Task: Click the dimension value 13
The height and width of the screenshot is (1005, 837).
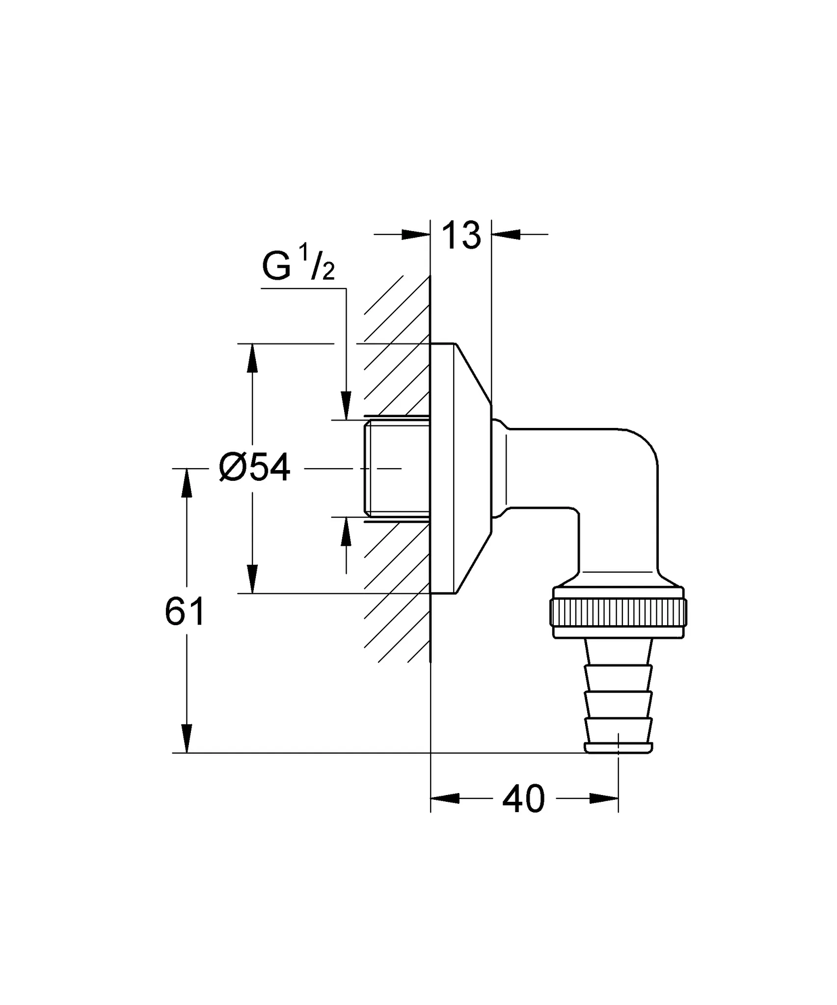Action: [x=460, y=235]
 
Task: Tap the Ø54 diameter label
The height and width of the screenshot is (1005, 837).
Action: [x=255, y=468]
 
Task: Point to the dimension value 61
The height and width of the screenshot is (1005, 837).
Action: [x=185, y=612]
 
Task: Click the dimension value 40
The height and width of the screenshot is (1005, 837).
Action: [x=523, y=799]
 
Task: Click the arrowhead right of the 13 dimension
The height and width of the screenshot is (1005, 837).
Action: [x=506, y=235]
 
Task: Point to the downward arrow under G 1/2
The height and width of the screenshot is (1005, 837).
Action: [x=346, y=406]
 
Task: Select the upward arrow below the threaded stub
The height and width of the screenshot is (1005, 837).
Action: [x=346, y=531]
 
